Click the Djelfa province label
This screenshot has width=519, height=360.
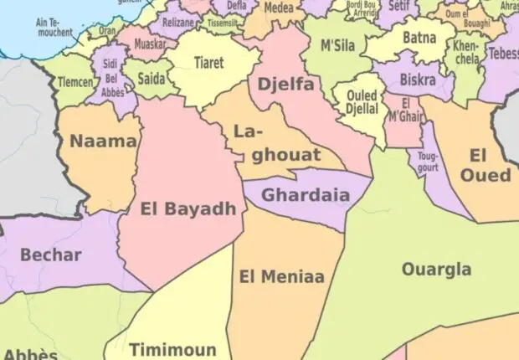(285, 85)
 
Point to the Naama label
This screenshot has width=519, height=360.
(103, 141)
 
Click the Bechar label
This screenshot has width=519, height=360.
(51, 255)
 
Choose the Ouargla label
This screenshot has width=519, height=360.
(435, 270)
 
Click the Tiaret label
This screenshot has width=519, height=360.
(208, 64)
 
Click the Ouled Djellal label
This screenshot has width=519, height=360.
(361, 101)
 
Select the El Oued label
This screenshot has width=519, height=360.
(485, 165)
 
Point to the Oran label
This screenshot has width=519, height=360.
(107, 30)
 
